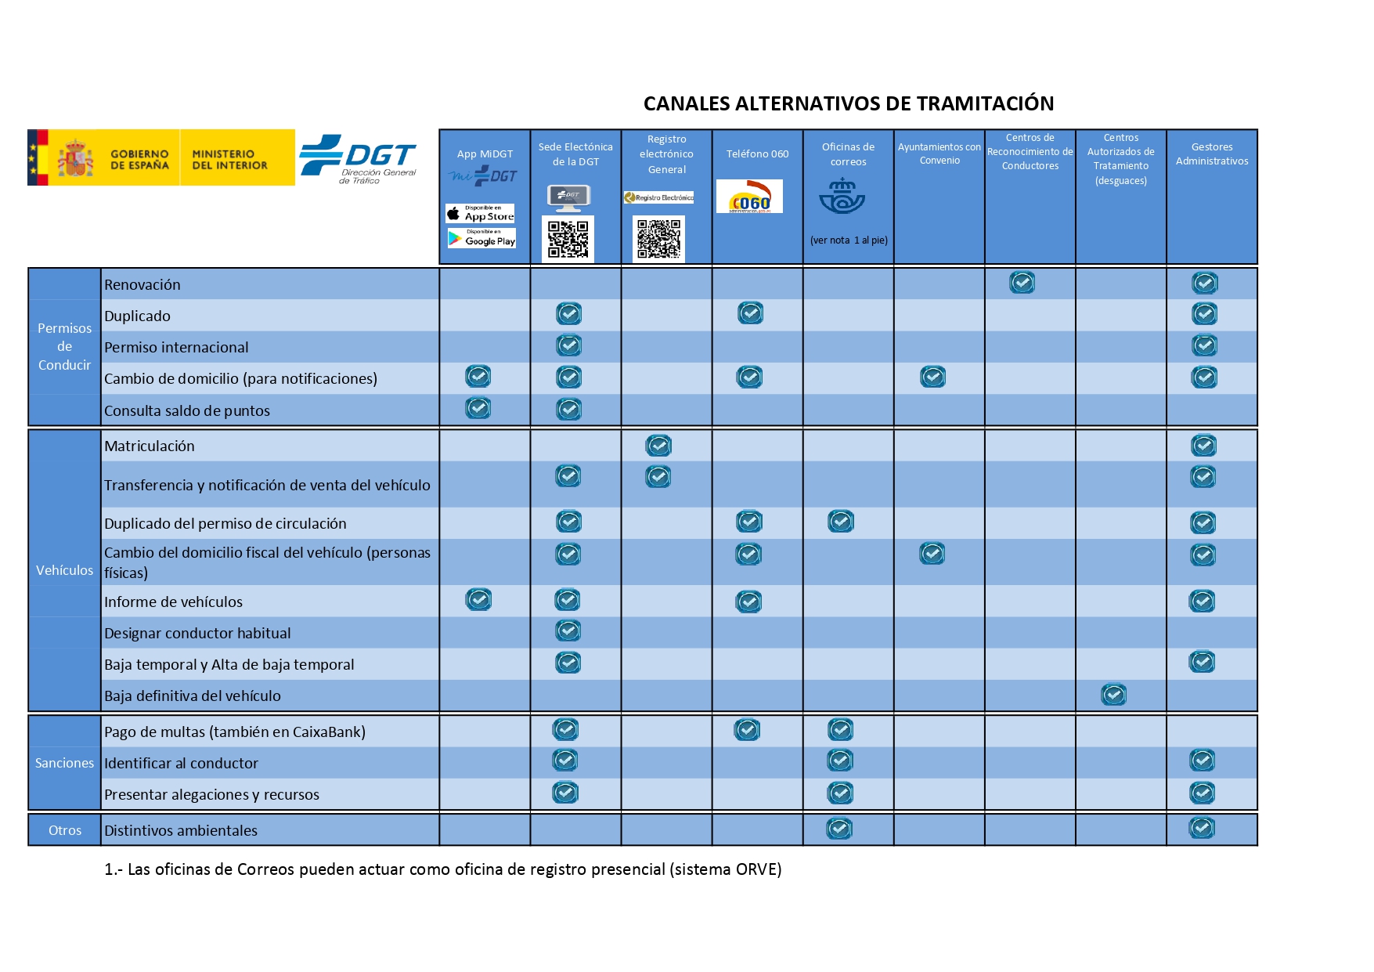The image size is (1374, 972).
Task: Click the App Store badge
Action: (480, 214)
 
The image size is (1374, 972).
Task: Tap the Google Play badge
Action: (481, 238)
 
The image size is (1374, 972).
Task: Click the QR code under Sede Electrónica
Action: (568, 239)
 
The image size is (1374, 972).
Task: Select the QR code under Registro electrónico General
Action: (658, 239)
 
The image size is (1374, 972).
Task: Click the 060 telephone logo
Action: (749, 197)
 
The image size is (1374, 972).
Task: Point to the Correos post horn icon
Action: (842, 197)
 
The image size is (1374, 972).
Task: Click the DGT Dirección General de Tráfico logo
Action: (359, 159)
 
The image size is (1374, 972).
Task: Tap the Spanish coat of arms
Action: (76, 158)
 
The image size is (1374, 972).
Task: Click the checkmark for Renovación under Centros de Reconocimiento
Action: (1022, 283)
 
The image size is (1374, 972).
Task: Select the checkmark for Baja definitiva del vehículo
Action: (1113, 695)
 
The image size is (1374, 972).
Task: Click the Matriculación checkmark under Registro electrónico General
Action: (658, 446)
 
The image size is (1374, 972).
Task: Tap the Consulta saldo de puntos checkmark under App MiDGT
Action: (478, 408)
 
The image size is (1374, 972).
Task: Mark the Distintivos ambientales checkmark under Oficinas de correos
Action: (839, 829)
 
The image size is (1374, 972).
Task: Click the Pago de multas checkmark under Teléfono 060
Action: (747, 730)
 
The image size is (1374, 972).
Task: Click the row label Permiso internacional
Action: (176, 347)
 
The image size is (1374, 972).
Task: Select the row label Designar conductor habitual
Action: (197, 633)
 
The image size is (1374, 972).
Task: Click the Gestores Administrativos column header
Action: (1211, 154)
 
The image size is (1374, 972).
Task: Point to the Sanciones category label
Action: (64, 763)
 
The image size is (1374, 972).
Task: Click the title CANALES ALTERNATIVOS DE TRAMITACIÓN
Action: (848, 103)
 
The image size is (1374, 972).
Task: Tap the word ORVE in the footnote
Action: (756, 869)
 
